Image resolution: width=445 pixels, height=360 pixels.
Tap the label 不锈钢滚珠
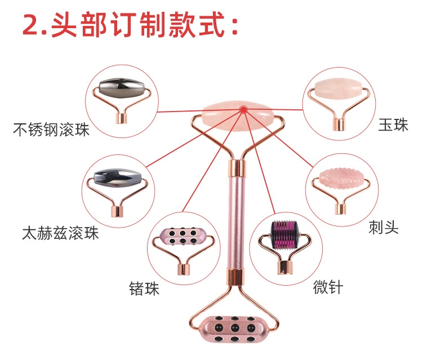(51, 130)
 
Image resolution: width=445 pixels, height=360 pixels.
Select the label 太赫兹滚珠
(60, 232)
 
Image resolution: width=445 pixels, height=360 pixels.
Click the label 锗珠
(144, 289)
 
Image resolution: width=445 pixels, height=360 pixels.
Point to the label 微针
(328, 287)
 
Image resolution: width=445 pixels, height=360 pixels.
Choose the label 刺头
(384, 227)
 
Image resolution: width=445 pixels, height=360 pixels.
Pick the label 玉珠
(393, 125)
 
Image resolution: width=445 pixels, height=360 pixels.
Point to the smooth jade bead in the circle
(337, 88)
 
